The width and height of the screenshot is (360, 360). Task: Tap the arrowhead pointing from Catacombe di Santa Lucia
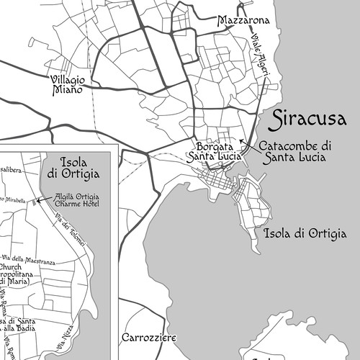coord(241,140)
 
